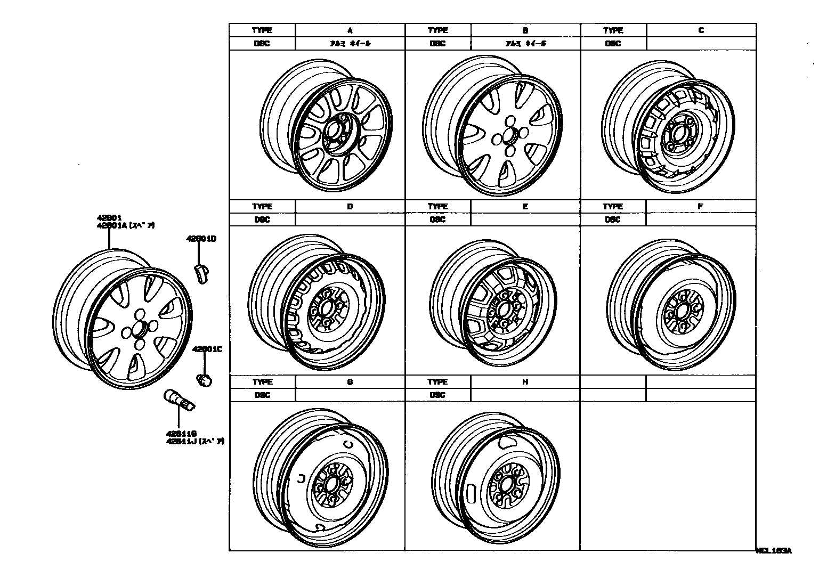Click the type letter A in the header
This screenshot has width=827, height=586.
coord(350,30)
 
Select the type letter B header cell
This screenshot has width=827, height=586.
coord(525,30)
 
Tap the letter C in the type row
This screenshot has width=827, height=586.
coord(701,30)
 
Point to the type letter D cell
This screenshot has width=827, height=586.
coord(350,206)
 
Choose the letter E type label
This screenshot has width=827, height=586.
coord(525,206)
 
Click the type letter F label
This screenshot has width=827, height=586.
coord(701,206)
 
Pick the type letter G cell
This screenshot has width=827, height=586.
coord(350,382)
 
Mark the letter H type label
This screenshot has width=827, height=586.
coord(525,382)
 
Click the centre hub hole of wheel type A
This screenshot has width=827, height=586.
coord(335,131)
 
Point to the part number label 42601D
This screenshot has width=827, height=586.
coord(201,239)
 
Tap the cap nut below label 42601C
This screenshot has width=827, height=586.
coord(204,380)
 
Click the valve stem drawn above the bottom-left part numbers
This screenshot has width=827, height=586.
coord(180,401)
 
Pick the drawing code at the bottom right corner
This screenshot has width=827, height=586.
coord(774,551)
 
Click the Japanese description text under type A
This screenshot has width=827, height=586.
coord(350,44)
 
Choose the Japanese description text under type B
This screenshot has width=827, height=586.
coord(525,44)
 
